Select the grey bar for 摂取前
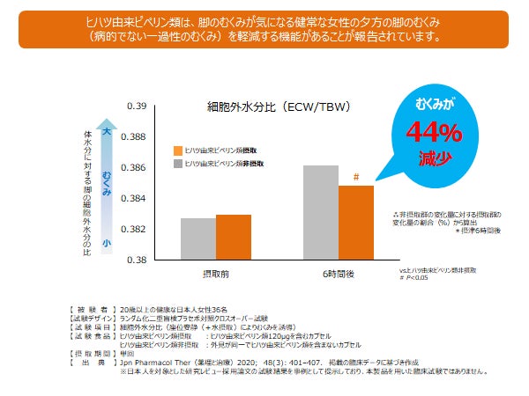click(x=197, y=238)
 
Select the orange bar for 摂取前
click(x=233, y=237)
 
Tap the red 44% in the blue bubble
click(x=433, y=133)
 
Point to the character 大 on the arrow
click(x=106, y=132)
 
